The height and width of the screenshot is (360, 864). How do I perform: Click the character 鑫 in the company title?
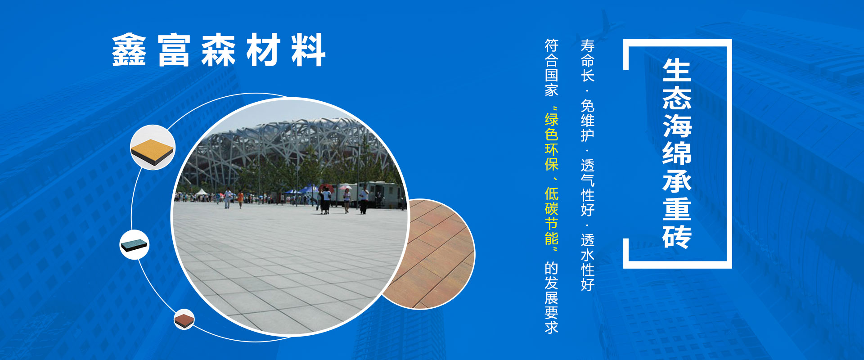tap(129, 50)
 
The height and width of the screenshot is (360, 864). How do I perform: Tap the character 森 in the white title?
tap(218, 50)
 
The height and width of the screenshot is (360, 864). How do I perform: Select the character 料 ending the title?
tap(308, 50)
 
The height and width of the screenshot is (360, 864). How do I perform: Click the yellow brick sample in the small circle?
tap(153, 148)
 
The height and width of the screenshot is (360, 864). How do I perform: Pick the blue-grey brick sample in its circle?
tap(135, 244)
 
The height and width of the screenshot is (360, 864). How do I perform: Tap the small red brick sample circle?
tap(184, 319)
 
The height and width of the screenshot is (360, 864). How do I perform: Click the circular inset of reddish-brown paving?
tap(432, 254)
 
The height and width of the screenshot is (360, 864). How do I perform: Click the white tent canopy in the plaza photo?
tap(202, 193)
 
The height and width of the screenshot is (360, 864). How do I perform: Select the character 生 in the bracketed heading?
tap(677, 70)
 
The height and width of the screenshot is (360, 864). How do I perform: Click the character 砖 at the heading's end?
tap(677, 235)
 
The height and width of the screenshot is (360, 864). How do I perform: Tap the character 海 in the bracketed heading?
tap(677, 126)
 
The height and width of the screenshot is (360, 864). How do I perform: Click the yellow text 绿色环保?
tap(552, 142)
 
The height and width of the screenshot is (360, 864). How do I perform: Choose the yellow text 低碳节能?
tap(552, 216)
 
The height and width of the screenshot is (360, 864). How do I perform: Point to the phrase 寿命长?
tap(588, 60)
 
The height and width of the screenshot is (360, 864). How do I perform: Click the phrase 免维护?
tap(588, 120)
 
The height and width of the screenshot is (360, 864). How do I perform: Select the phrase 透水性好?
tap(588, 262)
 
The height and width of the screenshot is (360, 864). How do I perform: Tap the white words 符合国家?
tap(552, 67)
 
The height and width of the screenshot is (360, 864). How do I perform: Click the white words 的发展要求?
tap(552, 297)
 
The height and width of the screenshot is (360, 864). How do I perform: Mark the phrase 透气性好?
tap(588, 188)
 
